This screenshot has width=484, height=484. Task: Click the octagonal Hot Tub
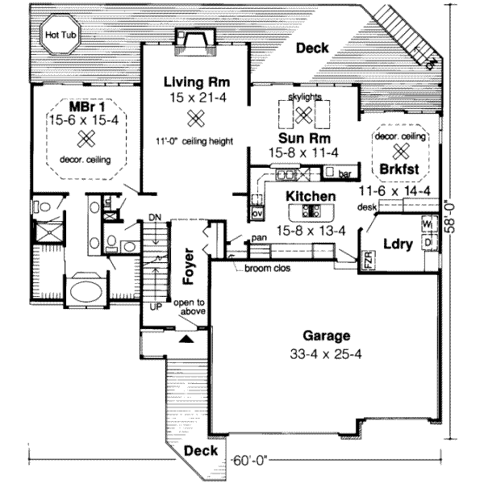56,35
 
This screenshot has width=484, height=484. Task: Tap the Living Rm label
197,82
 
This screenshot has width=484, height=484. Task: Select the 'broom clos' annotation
273,268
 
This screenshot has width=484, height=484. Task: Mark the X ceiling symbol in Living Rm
194,119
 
